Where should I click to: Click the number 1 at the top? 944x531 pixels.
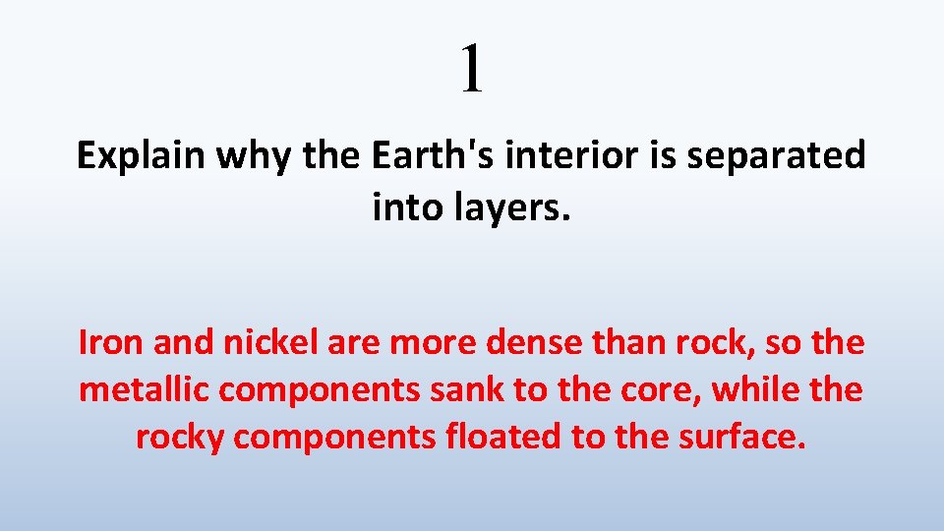(x=473, y=68)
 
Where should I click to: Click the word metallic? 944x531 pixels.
(x=144, y=390)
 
